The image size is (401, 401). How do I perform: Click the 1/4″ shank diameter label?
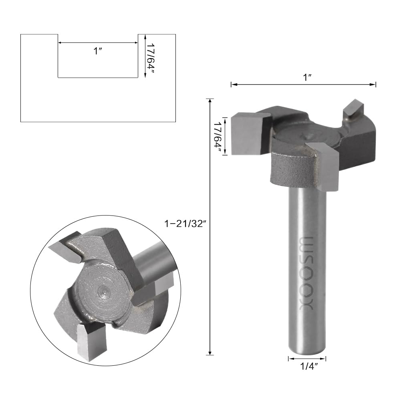[309, 367]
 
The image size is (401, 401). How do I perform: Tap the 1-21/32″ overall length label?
[185, 224]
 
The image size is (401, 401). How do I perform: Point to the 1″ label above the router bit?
[307, 77]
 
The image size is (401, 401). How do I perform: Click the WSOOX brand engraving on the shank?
[306, 274]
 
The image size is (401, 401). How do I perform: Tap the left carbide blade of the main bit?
[250, 134]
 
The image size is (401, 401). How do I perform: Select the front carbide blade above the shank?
[324, 166]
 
